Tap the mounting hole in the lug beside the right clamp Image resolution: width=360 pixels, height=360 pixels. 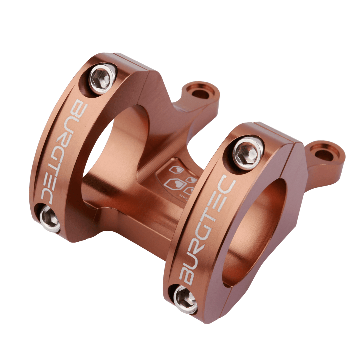pyautogui.click(x=324, y=154)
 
